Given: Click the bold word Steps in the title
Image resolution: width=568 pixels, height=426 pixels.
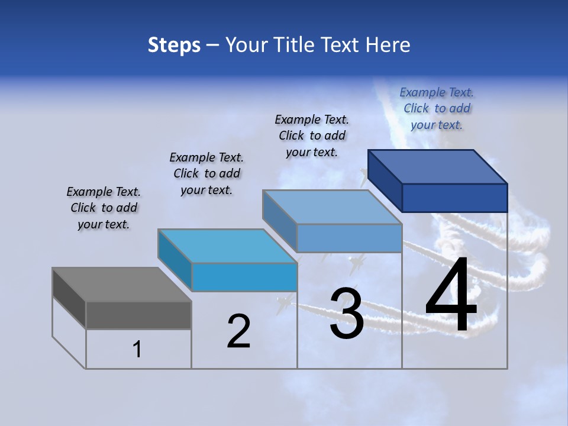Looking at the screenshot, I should pyautogui.click(x=174, y=45).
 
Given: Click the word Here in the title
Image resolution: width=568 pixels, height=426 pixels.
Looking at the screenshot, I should pyautogui.click(x=388, y=45).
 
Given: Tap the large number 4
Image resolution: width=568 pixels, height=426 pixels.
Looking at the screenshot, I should pyautogui.click(x=451, y=297).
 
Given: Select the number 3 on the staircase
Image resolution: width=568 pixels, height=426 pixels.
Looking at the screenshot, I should pyautogui.click(x=347, y=314).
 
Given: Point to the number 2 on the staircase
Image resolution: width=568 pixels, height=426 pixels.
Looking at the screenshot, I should pyautogui.click(x=238, y=331).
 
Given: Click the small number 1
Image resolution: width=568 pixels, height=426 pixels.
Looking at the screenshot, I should pyautogui.click(x=137, y=350).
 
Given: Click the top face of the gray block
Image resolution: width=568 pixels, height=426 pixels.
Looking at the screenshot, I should pyautogui.click(x=121, y=285).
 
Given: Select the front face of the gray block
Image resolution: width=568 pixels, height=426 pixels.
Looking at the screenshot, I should pyautogui.click(x=138, y=315).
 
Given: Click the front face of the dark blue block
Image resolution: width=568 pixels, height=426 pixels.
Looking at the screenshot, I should pyautogui.click(x=454, y=198).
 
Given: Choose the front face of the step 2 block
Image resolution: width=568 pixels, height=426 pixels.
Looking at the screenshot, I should pyautogui.click(x=244, y=277).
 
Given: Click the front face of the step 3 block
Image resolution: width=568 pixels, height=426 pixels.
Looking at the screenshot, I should pyautogui.click(x=349, y=238).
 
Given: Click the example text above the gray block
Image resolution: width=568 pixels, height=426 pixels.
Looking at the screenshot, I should pyautogui.click(x=104, y=208).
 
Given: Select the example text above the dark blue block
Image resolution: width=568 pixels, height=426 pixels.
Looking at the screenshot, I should pyautogui.click(x=437, y=108).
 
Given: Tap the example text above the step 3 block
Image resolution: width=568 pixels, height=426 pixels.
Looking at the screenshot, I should pyautogui.click(x=312, y=135).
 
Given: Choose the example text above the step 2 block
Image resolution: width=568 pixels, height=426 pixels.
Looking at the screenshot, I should pyautogui.click(x=206, y=173).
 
